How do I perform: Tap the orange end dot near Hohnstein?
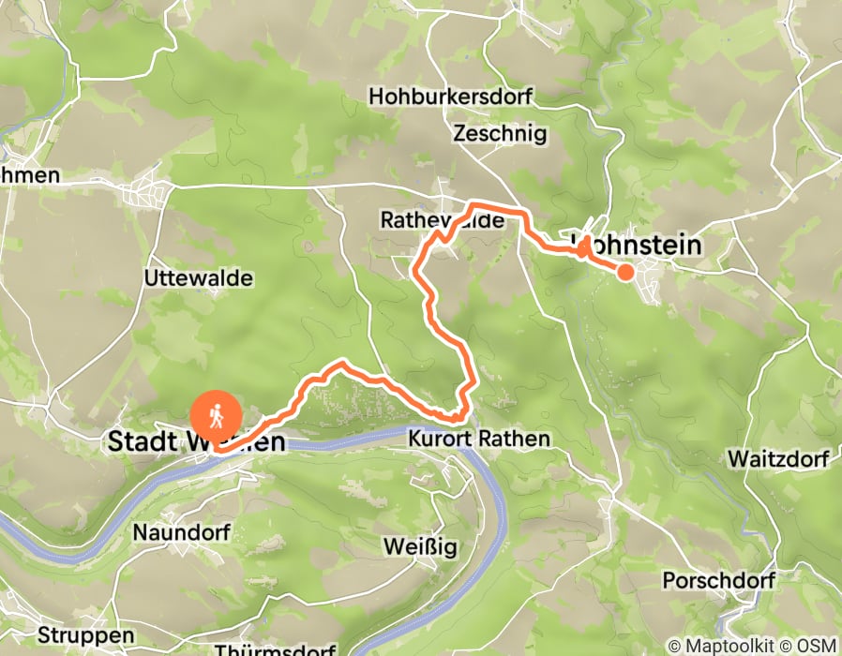coord(624,272)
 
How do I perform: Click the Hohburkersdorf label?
coord(450,97)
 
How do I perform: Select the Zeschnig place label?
coord(499,133)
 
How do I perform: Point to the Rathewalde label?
coord(442,220)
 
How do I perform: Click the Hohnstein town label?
coord(647,246)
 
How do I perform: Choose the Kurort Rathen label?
coord(478,439)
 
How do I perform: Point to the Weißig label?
coord(419,546)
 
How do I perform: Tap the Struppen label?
coord(86,636)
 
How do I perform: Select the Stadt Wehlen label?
coord(197,441)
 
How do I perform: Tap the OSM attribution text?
coord(818,645)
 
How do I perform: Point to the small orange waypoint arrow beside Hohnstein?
coord(584,247)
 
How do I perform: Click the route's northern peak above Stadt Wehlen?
coord(343,363)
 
